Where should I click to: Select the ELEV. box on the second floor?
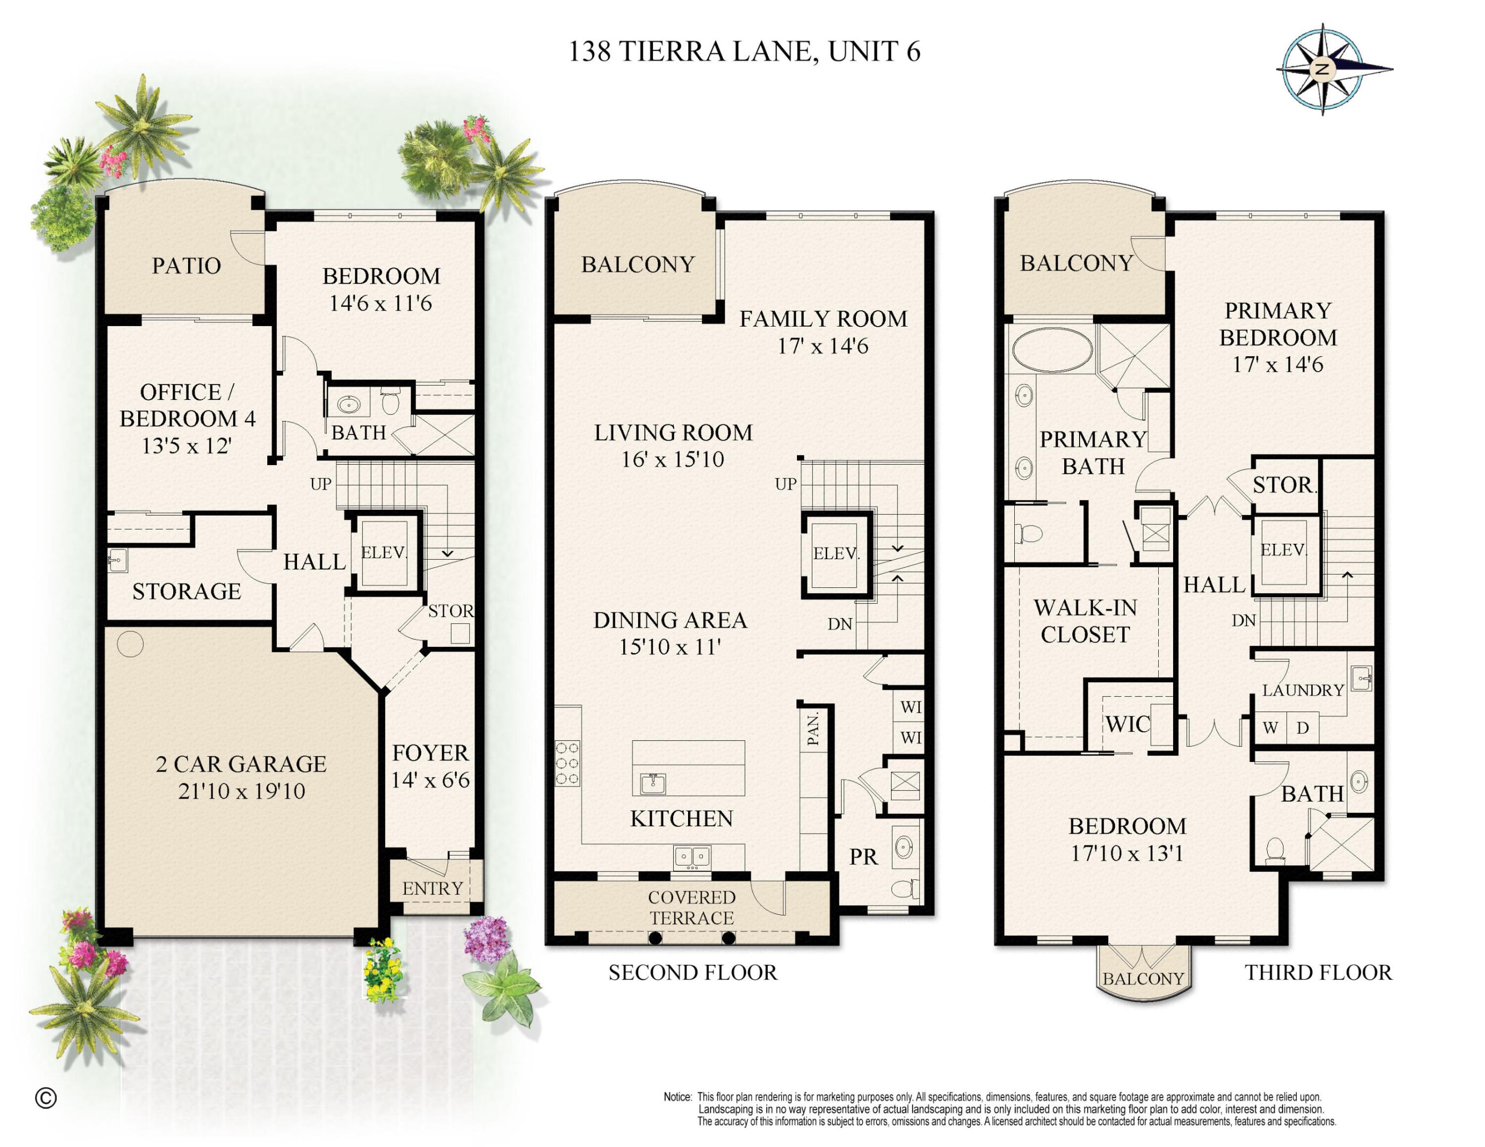(836, 554)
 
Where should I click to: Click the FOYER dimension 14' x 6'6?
(430, 780)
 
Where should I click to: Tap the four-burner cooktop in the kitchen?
(568, 763)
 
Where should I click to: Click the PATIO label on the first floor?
(186, 266)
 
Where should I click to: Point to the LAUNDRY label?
(1303, 690)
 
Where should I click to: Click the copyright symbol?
(46, 1098)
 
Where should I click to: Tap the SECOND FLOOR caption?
(692, 972)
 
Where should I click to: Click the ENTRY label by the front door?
(432, 888)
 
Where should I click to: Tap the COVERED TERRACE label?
(692, 907)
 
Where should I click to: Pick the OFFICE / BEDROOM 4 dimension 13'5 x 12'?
(186, 446)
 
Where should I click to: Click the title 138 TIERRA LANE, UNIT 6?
(744, 52)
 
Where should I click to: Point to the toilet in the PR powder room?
(904, 887)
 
